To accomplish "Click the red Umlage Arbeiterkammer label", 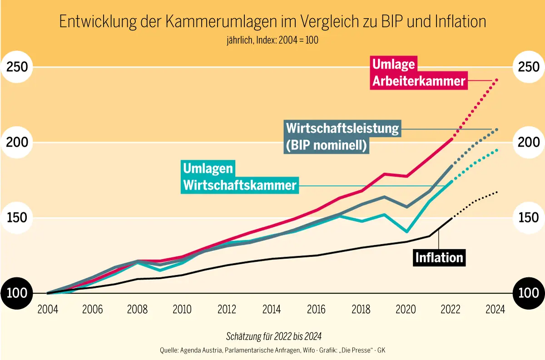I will pyautogui.click(x=418, y=73).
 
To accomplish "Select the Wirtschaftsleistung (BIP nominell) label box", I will pyautogui.click(x=342, y=137).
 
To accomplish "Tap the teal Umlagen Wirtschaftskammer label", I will pyautogui.click(x=239, y=177).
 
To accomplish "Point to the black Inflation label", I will pyautogui.click(x=439, y=257).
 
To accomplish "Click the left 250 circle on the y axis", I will pyautogui.click(x=17, y=67).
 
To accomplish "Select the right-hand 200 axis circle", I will pyautogui.click(x=529, y=142).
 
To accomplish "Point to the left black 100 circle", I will pyautogui.click(x=17, y=293).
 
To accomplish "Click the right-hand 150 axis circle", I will pyautogui.click(x=529, y=217).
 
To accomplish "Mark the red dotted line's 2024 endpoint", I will pyautogui.click(x=497, y=80).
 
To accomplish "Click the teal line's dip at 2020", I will pyautogui.click(x=406, y=232).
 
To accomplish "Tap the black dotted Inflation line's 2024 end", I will pyautogui.click(x=497, y=192).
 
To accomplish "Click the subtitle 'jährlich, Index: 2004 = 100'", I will pyautogui.click(x=272, y=40).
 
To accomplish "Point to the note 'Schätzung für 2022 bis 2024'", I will pyautogui.click(x=274, y=336).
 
